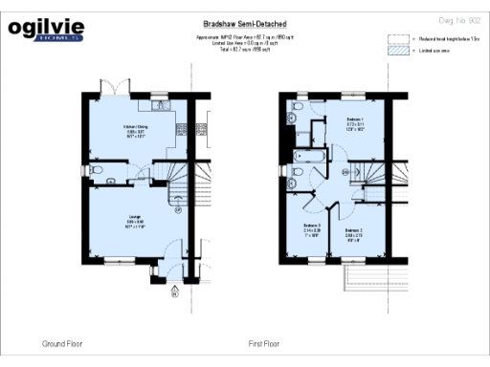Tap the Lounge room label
pos(133,221)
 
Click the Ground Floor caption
pos(62,343)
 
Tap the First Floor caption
pos(264,343)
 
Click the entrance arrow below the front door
pos(174,291)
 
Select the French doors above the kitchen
pos(114,88)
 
